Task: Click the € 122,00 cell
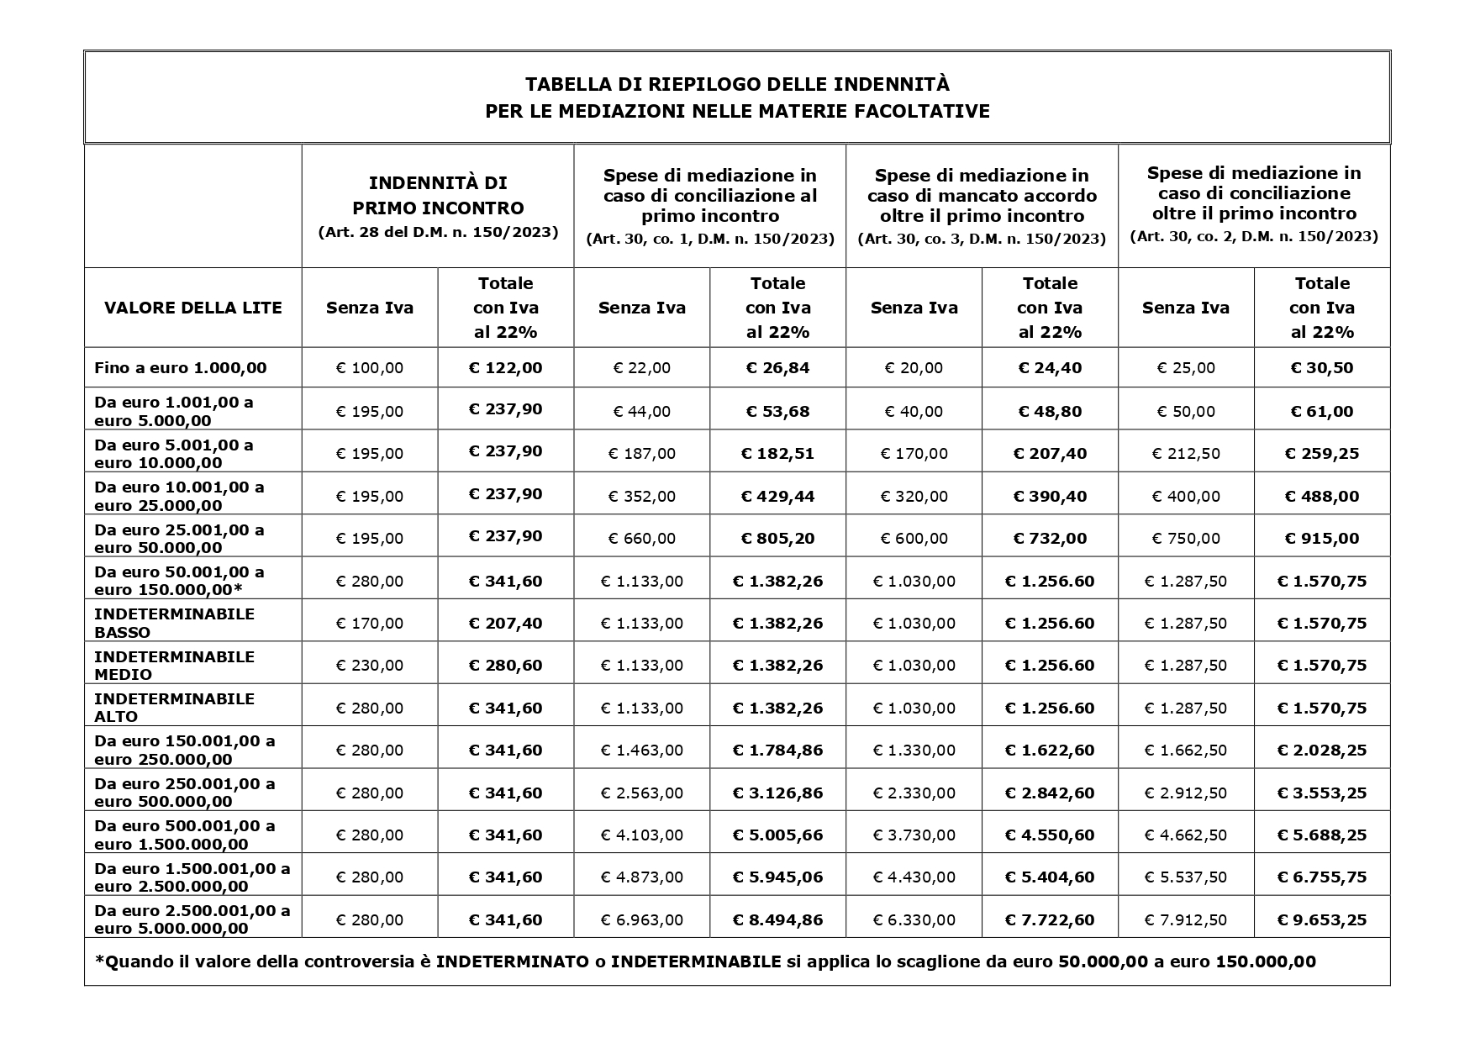[x=505, y=367]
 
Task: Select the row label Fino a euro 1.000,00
[x=181, y=367]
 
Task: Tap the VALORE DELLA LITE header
[x=193, y=308]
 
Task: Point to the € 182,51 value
[x=777, y=454]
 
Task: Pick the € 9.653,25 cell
[x=1322, y=919]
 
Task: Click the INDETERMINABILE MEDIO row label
[x=174, y=665]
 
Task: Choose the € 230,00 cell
[x=370, y=666]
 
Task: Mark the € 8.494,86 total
[x=777, y=919]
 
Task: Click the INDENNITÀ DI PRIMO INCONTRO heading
[x=438, y=195]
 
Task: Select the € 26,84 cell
[x=777, y=367]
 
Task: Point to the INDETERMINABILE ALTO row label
[x=174, y=708]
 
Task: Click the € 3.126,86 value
[x=777, y=793]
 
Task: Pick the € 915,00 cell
[x=1322, y=539]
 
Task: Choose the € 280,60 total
[x=505, y=665]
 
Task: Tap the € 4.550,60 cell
[x=1050, y=835]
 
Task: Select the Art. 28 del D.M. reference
[x=438, y=232]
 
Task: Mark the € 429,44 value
[x=777, y=496]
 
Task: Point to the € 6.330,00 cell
[x=914, y=920]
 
